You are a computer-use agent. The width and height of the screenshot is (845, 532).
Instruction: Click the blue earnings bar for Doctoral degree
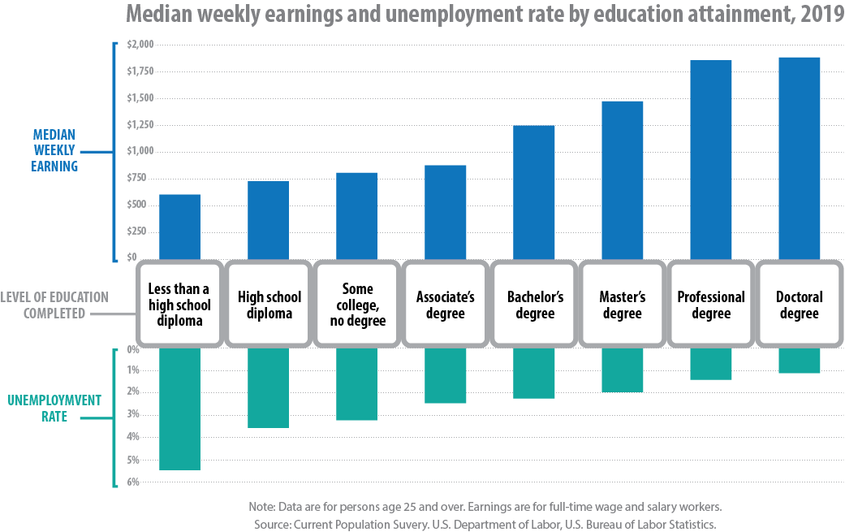799,158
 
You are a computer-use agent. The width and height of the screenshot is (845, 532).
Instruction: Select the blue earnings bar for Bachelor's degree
533,192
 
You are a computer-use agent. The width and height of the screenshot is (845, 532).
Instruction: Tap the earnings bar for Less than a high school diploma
179,227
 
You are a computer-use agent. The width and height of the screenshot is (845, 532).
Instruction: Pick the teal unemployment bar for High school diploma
268,388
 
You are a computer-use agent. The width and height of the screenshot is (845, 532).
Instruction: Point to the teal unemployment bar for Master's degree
622,370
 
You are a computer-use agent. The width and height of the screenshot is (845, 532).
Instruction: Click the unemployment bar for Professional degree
710,364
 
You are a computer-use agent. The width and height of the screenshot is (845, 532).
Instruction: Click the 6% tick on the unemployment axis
134,482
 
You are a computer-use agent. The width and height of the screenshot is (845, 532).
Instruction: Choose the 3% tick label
134,414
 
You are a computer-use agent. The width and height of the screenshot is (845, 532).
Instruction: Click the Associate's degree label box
445,305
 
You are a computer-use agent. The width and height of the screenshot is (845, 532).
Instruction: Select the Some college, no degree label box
357,305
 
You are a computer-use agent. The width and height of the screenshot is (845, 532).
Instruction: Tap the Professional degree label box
711,305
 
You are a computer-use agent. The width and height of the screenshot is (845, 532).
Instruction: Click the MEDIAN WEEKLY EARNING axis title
55,150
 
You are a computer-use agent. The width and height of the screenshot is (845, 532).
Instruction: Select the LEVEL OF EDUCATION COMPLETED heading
54,305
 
